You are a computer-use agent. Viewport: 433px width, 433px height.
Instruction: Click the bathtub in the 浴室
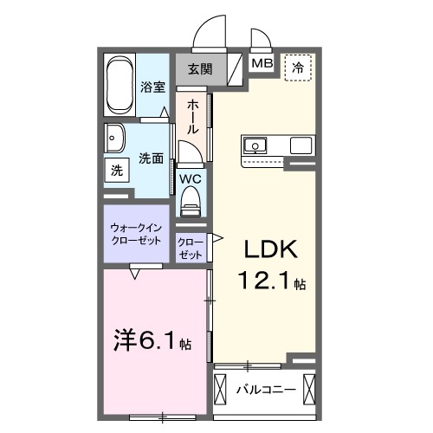click(121, 86)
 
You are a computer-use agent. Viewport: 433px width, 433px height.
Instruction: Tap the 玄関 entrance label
click(200, 68)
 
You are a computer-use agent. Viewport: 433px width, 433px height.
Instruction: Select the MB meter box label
click(261, 63)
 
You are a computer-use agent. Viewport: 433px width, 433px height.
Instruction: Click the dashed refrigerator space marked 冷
click(299, 65)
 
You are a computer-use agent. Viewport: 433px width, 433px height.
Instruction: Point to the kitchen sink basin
click(256, 144)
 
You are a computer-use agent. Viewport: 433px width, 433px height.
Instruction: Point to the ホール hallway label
click(192, 115)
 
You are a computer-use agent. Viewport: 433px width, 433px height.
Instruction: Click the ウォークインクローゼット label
click(136, 233)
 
